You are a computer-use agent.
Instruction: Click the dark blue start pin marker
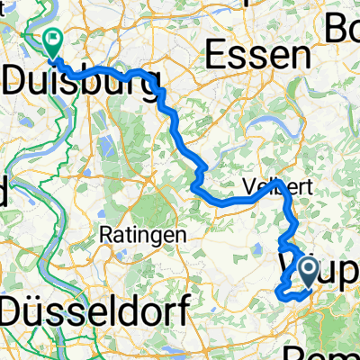click(307, 270)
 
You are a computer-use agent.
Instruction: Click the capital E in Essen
click(215, 57)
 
